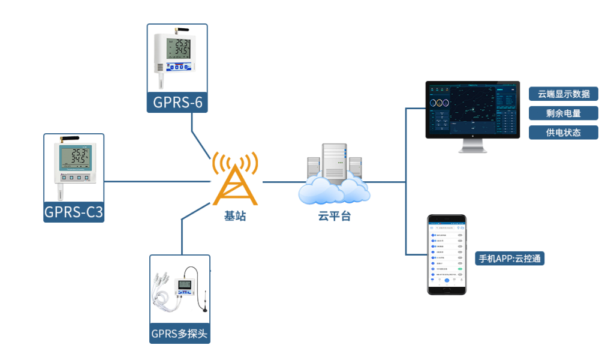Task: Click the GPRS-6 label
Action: point(177,103)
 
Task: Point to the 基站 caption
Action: point(235,217)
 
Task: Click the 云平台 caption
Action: point(334,217)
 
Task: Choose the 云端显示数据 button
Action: point(564,94)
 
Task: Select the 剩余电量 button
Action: point(564,113)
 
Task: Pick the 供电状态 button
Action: point(564,132)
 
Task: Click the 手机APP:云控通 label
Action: point(511,259)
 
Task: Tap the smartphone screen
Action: point(447,254)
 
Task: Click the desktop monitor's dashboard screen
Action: point(472,108)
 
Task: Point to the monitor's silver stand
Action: point(472,146)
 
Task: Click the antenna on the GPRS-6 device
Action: point(181,28)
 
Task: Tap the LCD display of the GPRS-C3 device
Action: point(74,157)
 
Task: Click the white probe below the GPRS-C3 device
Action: point(60,192)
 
